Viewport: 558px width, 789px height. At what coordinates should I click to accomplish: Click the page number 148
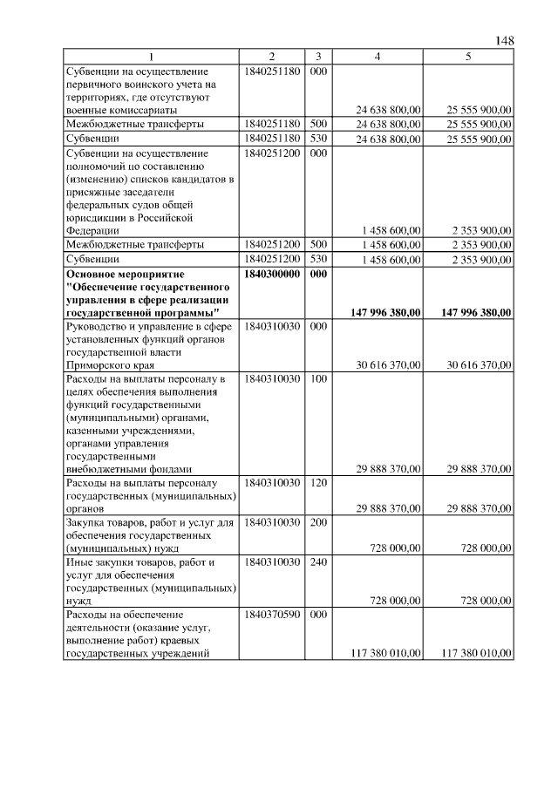(x=505, y=41)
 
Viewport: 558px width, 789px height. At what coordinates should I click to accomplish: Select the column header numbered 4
(x=378, y=57)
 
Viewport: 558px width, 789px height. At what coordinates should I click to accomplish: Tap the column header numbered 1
(x=151, y=57)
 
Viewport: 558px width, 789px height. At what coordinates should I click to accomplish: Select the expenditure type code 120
(x=318, y=481)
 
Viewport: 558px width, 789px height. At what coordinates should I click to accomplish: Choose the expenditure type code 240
(x=318, y=562)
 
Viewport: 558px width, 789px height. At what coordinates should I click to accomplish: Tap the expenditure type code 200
(x=318, y=522)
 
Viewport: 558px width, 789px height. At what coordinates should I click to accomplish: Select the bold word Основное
(x=93, y=274)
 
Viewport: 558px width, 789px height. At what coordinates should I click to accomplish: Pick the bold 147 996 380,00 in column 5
(x=475, y=312)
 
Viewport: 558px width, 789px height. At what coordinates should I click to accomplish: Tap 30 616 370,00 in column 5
(x=479, y=366)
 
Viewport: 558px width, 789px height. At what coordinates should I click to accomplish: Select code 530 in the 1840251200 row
(x=318, y=259)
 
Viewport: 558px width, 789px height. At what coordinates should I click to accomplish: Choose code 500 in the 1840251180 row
(x=318, y=125)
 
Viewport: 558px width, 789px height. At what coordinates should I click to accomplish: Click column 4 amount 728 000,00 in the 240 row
(x=396, y=601)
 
